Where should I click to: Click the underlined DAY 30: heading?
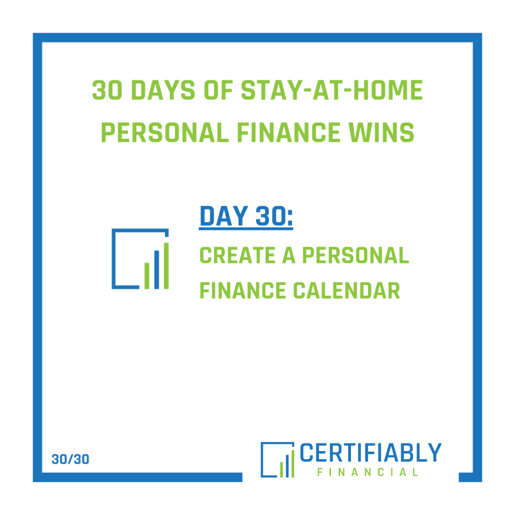[246, 217]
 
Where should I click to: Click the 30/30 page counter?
[70, 459]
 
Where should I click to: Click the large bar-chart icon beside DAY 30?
[140, 259]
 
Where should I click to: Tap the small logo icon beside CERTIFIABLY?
[277, 460]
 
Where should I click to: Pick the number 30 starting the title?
[107, 91]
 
